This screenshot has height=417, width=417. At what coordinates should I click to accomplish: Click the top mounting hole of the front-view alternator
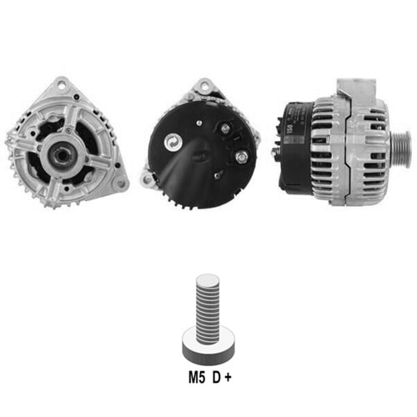(62, 83)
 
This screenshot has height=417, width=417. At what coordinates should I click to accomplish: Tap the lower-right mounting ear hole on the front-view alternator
(121, 183)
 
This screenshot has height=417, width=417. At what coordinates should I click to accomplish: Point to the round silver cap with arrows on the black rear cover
(173, 142)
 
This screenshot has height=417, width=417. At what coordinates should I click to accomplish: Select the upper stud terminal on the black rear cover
(225, 128)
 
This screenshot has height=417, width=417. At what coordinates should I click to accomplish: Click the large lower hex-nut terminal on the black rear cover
(241, 157)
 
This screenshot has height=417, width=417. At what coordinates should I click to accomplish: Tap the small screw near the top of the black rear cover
(198, 123)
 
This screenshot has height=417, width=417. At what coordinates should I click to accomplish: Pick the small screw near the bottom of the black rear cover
(216, 175)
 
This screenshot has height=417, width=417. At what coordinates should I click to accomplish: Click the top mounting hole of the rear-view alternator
(205, 84)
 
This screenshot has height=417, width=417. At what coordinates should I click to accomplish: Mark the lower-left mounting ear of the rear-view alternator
(146, 178)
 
